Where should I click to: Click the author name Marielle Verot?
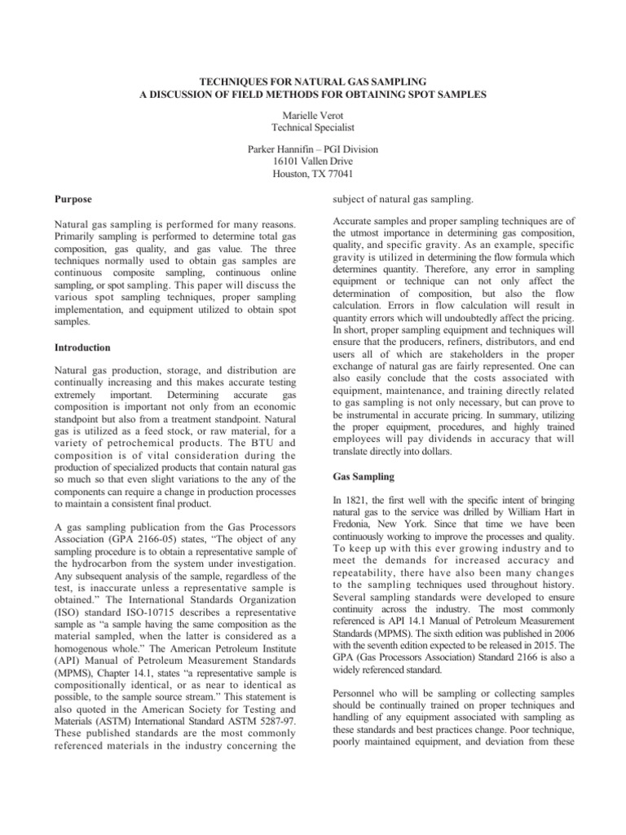[313, 115]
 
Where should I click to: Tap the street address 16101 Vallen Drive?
[313, 162]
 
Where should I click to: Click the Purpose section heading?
[73, 199]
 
